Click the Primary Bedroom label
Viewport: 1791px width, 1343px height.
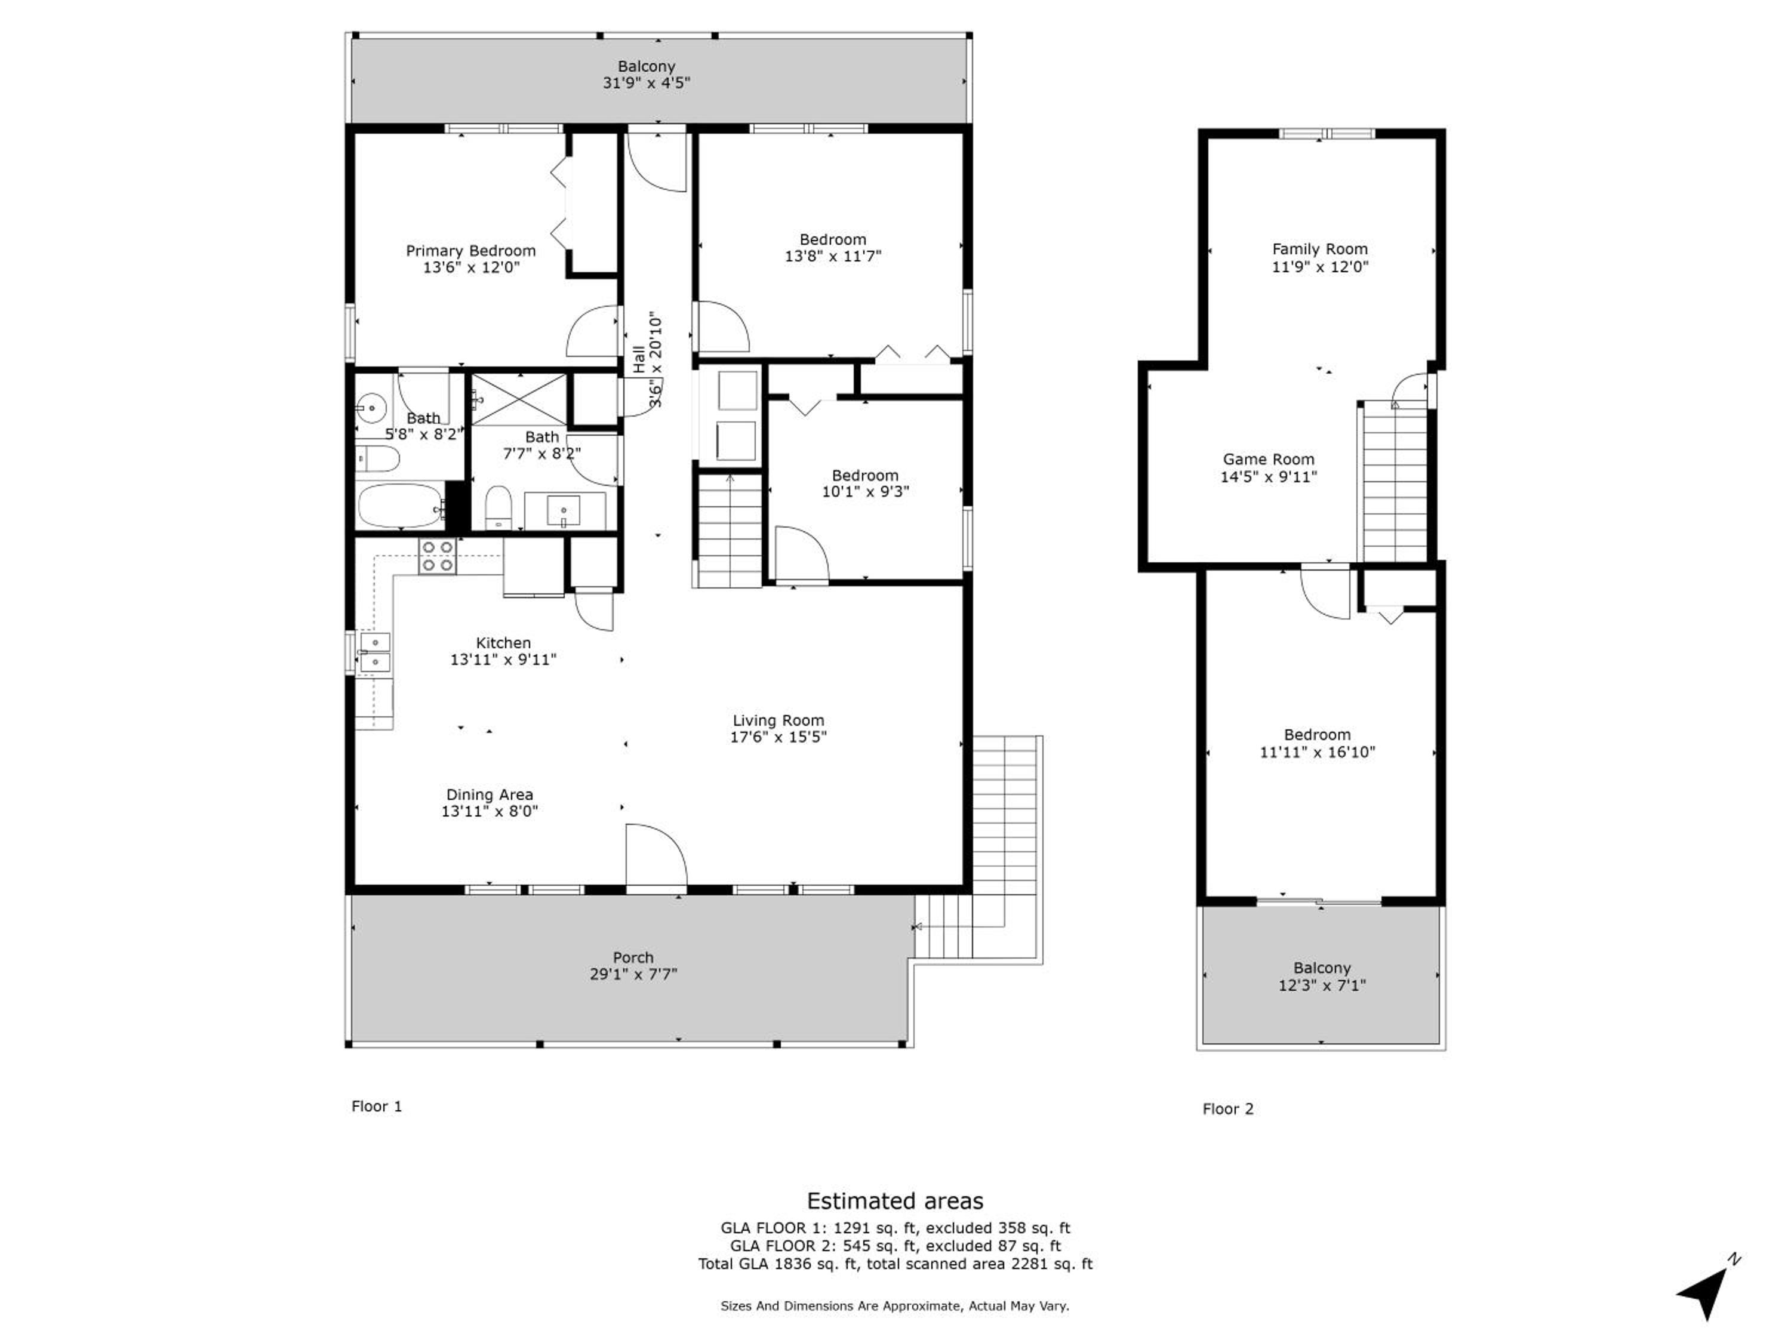tap(470, 251)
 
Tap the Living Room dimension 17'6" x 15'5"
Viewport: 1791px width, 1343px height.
tap(778, 737)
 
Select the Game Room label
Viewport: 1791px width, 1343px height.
tap(1268, 459)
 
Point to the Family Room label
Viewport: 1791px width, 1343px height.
tap(1320, 249)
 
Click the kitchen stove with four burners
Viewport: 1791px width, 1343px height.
tap(437, 557)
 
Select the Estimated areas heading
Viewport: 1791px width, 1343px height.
tap(895, 1200)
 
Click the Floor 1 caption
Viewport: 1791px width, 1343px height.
tap(377, 1106)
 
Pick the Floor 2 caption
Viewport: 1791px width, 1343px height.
tap(1227, 1109)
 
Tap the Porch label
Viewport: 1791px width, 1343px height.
tap(633, 957)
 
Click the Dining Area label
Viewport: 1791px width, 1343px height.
tap(490, 795)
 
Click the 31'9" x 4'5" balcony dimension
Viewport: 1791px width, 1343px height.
tap(646, 82)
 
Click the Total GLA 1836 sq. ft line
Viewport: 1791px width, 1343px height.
tap(895, 1264)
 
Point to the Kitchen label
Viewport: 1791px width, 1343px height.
tap(503, 643)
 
